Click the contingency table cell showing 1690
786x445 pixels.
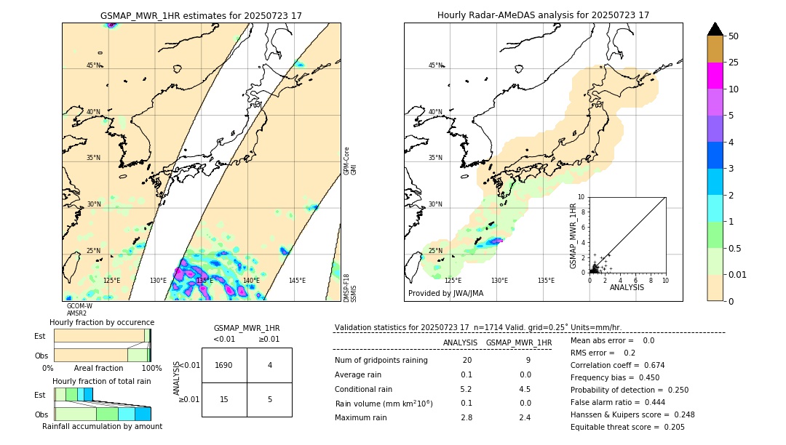click(223, 365)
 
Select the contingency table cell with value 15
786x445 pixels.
click(223, 399)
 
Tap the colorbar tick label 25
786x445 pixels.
click(734, 63)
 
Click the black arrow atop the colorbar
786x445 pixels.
click(715, 29)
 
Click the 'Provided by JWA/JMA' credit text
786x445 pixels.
click(445, 294)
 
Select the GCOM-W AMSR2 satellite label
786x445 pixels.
click(79, 310)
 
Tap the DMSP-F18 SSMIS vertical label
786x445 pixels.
click(350, 287)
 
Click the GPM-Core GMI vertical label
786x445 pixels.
click(350, 161)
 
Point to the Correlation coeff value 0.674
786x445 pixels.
click(650, 365)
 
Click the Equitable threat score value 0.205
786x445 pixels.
click(670, 427)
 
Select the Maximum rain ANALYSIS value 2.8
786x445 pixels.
click(466, 417)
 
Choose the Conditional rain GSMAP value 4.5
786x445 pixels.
click(524, 389)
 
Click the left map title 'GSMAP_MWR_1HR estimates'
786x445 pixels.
click(201, 15)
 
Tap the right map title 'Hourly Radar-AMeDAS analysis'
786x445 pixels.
click(543, 15)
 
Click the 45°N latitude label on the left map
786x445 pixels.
click(93, 65)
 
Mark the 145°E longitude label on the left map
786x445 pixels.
click(297, 281)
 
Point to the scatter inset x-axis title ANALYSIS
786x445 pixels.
click(626, 287)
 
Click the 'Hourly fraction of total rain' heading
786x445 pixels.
click(102, 382)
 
